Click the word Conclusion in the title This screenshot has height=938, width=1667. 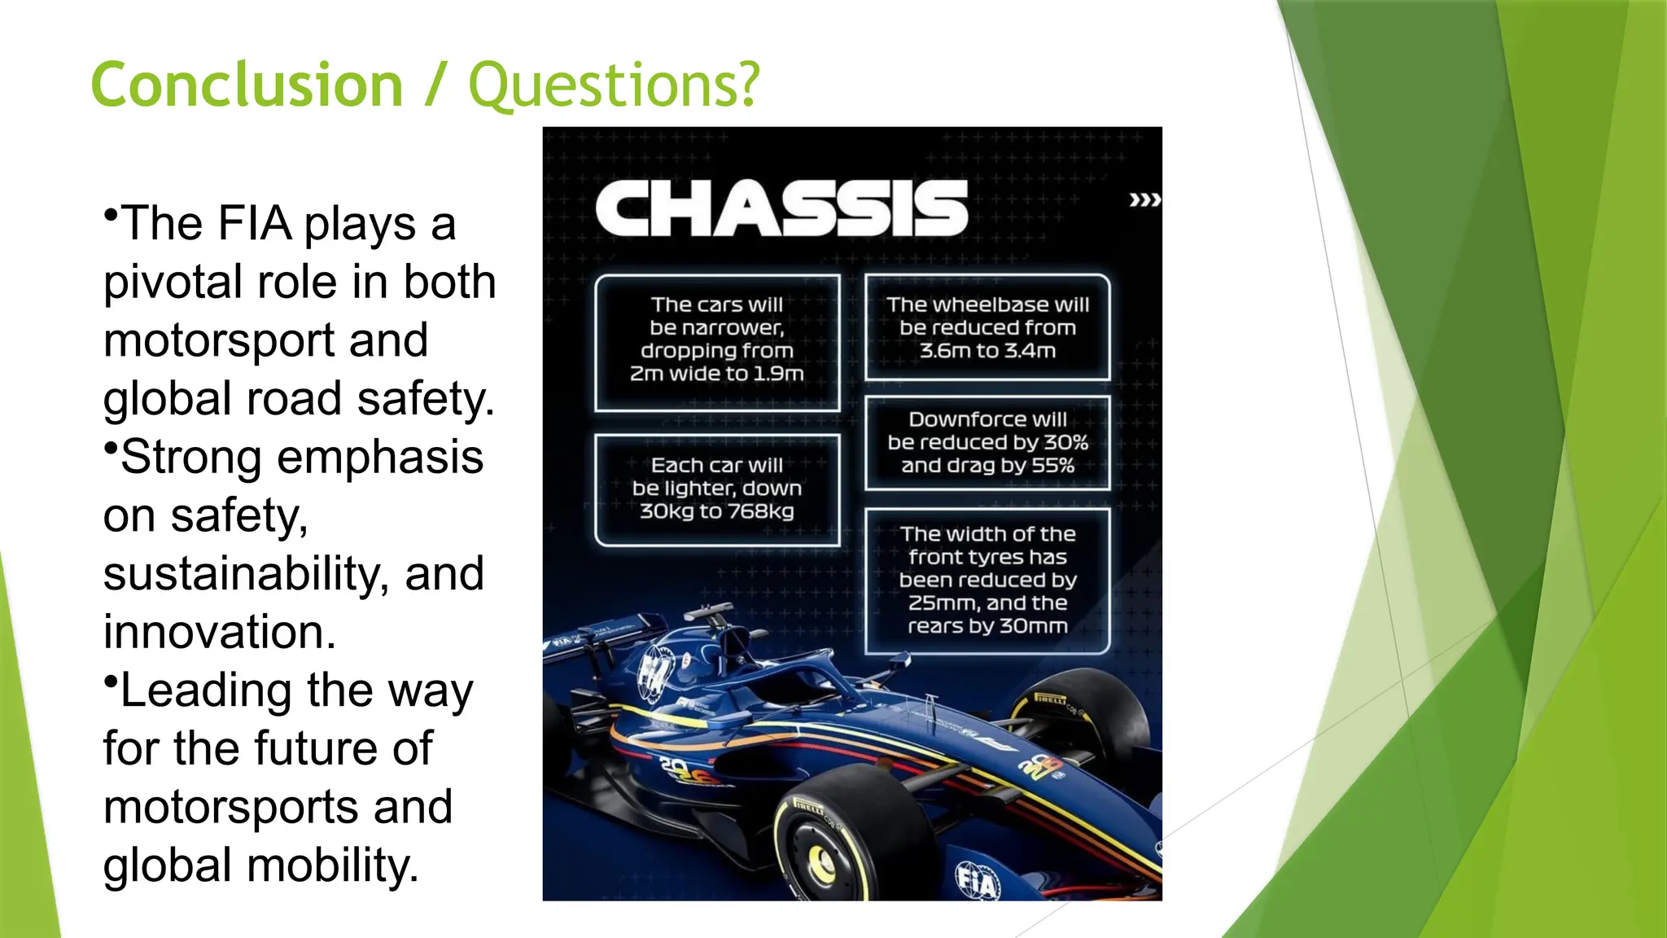[x=247, y=85]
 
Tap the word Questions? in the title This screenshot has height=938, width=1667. [x=614, y=86]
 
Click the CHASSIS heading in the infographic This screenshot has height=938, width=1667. [x=781, y=208]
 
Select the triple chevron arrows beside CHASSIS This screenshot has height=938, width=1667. [x=1144, y=199]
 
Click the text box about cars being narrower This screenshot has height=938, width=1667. [x=716, y=341]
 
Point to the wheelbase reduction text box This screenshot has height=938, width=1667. [x=987, y=327]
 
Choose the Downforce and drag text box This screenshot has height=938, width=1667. [x=987, y=442]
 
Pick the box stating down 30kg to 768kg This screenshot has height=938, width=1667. [x=716, y=489]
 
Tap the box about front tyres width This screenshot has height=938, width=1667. [x=987, y=580]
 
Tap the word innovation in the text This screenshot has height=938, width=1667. [x=219, y=632]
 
